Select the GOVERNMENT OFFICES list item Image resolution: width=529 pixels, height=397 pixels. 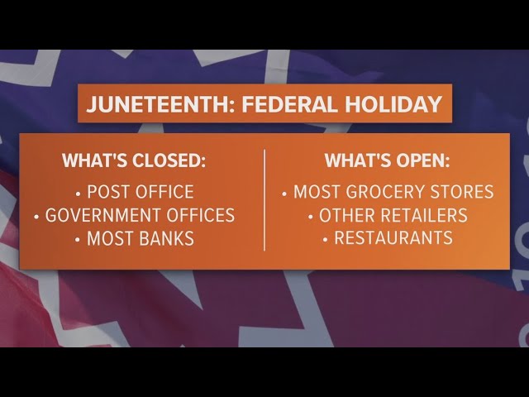click(x=140, y=216)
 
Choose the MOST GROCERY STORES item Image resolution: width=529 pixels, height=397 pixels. click(x=393, y=193)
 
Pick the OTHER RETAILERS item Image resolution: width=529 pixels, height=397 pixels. click(x=393, y=216)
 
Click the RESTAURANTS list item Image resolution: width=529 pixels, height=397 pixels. click(x=393, y=239)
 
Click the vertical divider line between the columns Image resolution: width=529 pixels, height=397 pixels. click(x=264, y=199)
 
